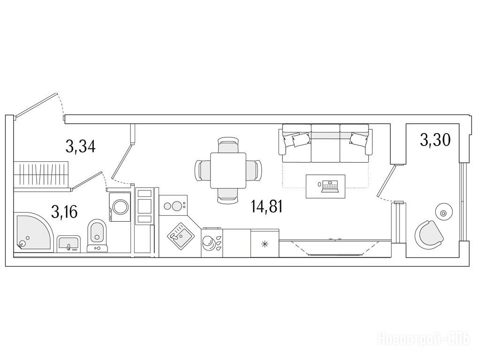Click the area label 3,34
coord(81,147)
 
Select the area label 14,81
coord(267,207)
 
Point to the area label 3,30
coord(435,140)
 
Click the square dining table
coord(228,170)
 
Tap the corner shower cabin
coord(33,232)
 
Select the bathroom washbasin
coord(69,244)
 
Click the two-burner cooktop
coord(173,205)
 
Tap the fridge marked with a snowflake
coord(265,243)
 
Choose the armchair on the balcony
coord(429,234)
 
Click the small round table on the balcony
coord(444,213)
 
